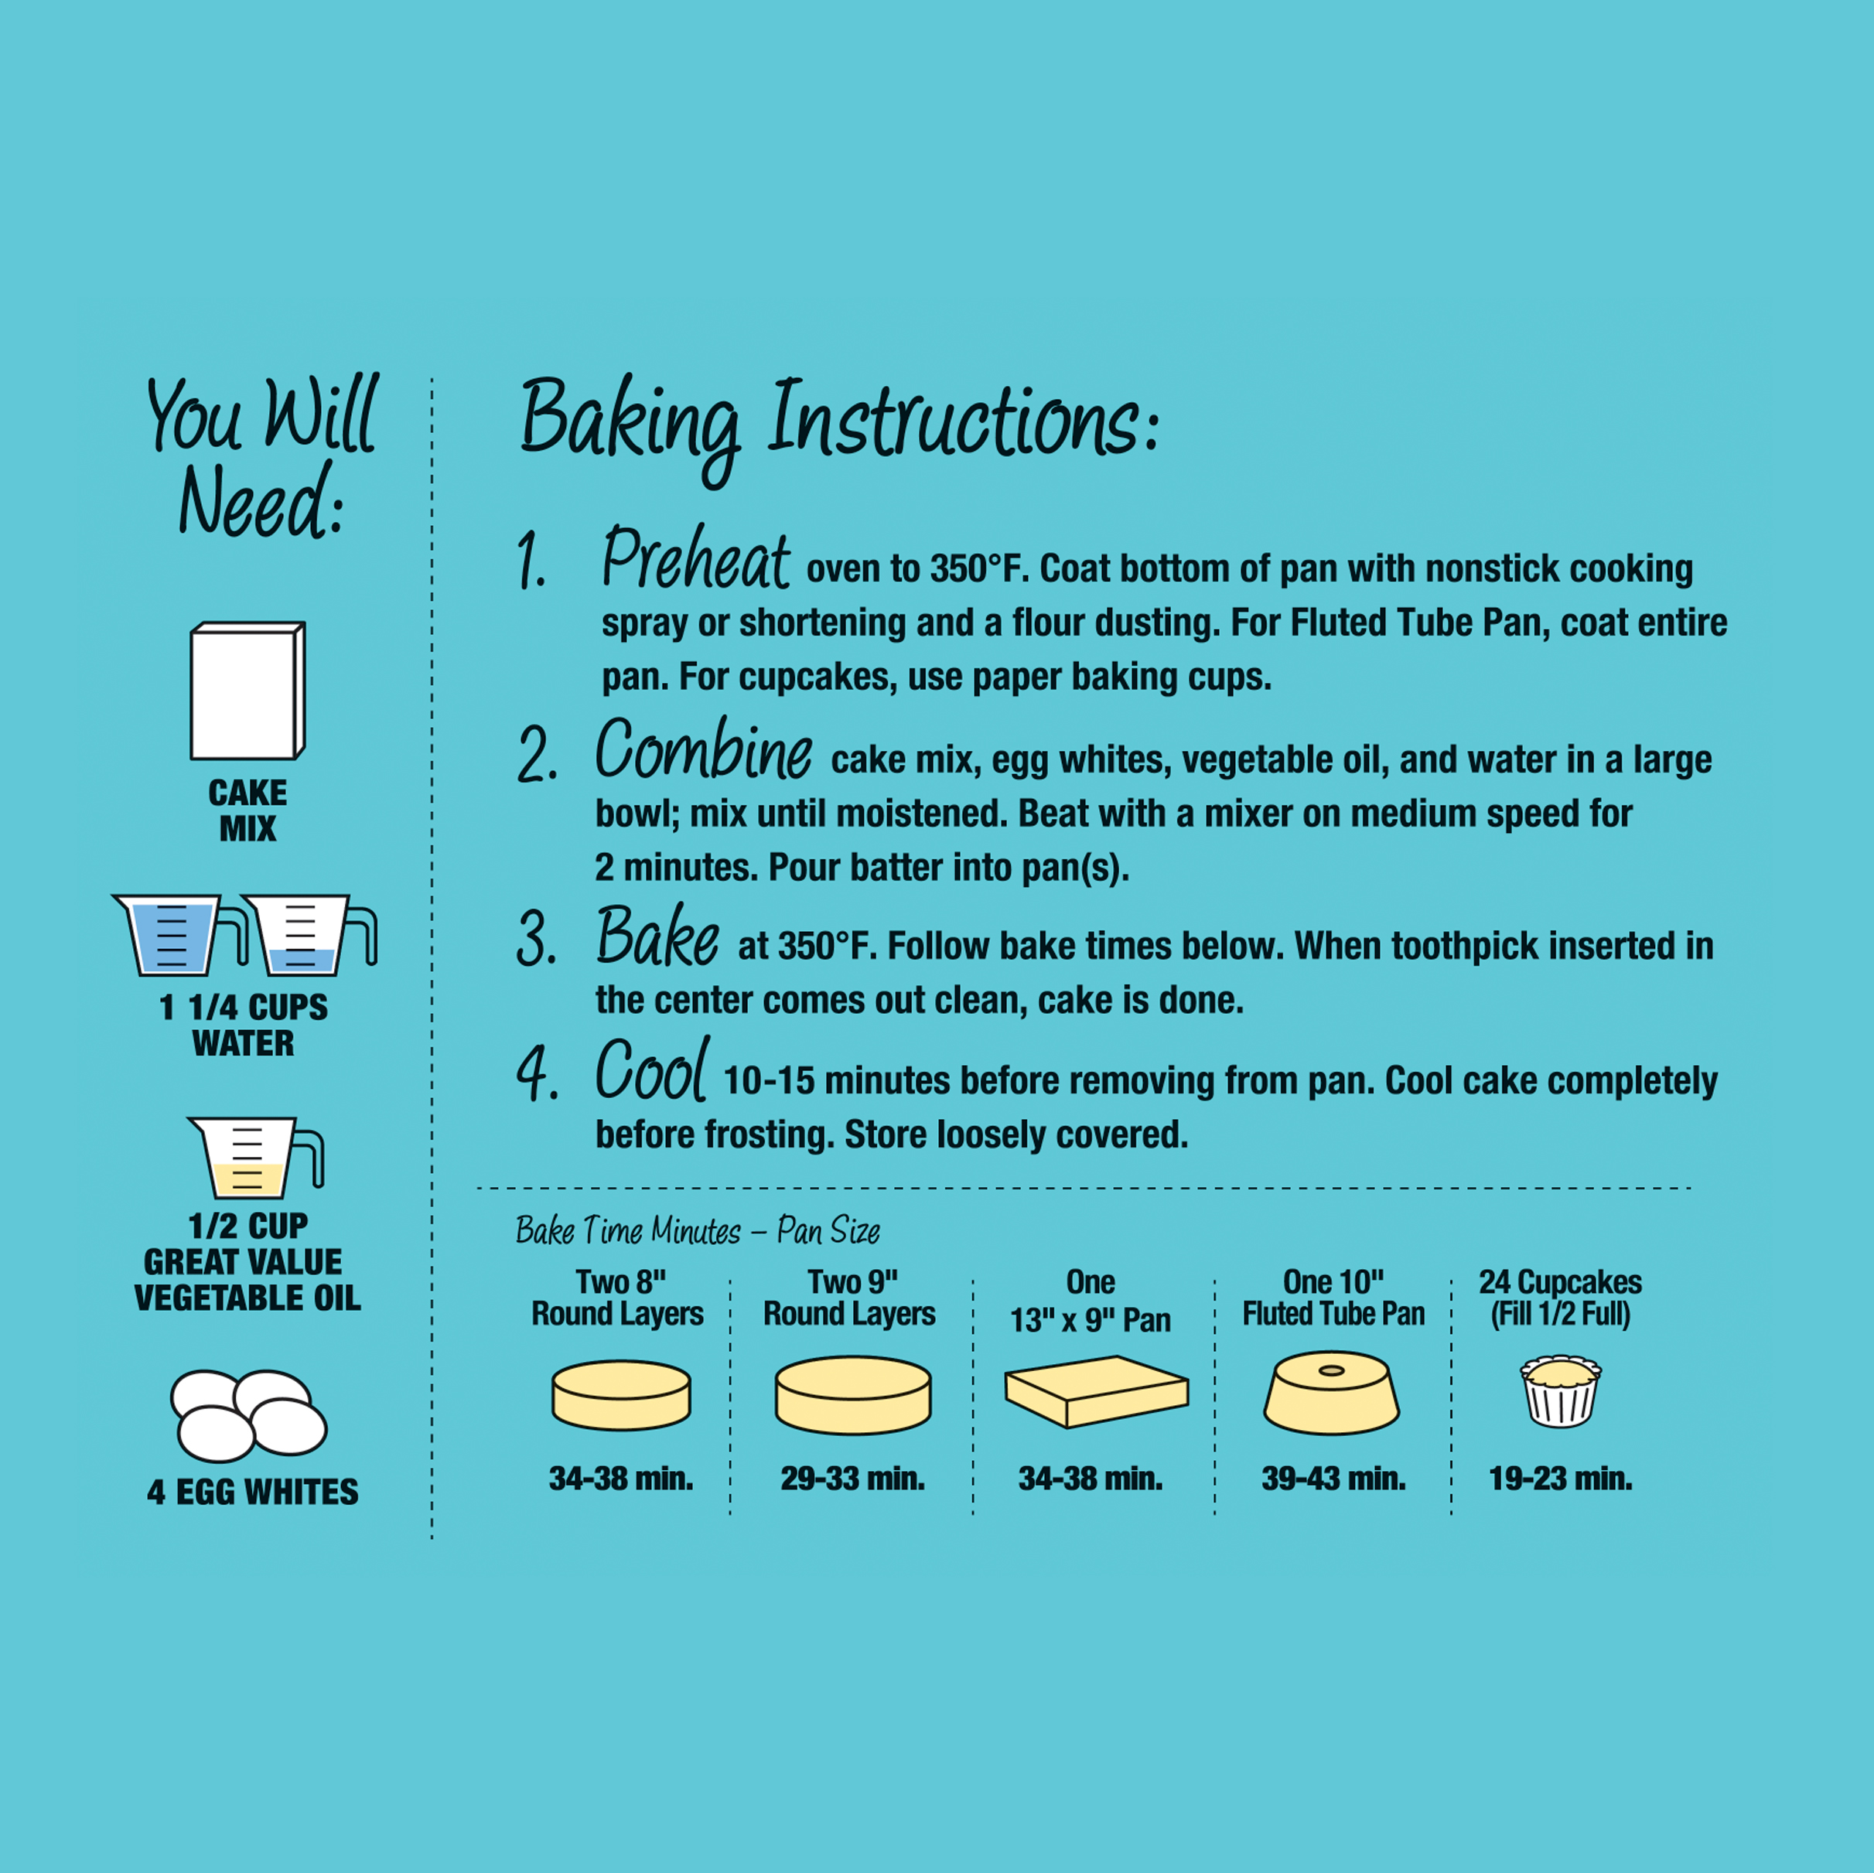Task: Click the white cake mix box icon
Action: coord(247,691)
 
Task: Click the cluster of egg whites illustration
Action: coord(249,1415)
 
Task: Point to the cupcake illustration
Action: coord(1560,1391)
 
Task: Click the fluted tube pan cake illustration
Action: coord(1331,1393)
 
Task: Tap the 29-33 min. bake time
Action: coord(852,1479)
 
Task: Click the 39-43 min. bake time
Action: coord(1333,1479)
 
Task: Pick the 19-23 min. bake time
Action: coord(1560,1479)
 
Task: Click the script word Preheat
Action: coord(695,560)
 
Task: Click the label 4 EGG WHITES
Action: coord(252,1492)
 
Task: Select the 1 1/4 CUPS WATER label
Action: coord(244,1025)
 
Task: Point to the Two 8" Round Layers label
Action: coord(618,1298)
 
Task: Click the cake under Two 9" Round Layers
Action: coord(852,1396)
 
